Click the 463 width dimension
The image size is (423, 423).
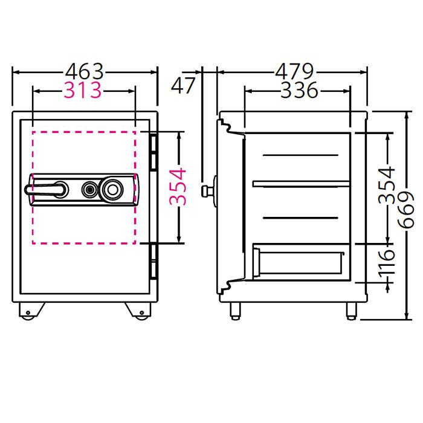85,71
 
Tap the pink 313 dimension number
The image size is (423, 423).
83,90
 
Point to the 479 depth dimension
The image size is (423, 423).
294,71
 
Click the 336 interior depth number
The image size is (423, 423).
300,90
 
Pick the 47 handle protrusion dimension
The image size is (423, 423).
182,85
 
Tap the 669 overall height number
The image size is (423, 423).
405,210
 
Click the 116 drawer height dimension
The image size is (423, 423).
387,263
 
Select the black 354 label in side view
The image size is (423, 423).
387,185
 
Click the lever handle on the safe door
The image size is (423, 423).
47,189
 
